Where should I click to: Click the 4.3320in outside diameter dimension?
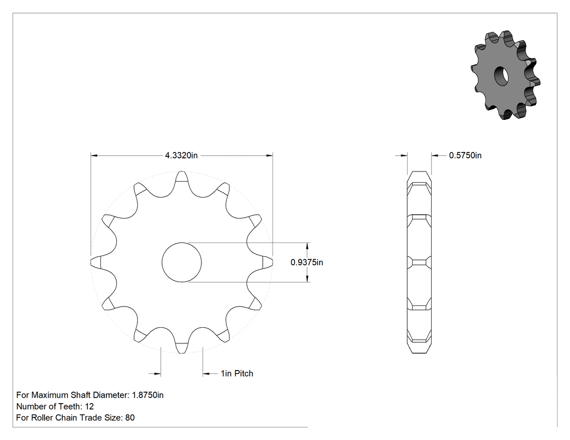pyautogui.click(x=181, y=156)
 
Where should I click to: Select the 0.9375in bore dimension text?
pyautogui.click(x=307, y=263)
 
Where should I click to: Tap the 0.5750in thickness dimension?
pyautogui.click(x=465, y=156)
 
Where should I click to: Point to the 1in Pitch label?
pyautogui.click(x=237, y=373)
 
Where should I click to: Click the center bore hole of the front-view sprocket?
pyautogui.click(x=181, y=263)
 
